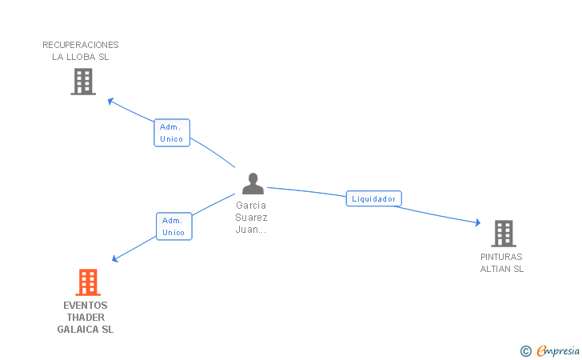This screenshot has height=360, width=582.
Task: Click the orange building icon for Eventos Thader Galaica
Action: (88, 282)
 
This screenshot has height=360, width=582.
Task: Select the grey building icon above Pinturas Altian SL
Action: (503, 233)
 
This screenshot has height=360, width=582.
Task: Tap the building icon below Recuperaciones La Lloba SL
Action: (83, 81)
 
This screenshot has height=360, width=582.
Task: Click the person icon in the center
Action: (253, 184)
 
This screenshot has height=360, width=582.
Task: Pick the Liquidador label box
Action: (373, 198)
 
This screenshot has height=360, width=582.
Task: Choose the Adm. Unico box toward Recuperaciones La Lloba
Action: (171, 133)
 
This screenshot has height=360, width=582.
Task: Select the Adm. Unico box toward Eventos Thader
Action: (173, 226)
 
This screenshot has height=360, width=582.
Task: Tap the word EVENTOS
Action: (85, 305)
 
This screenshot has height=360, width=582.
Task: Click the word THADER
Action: (86, 317)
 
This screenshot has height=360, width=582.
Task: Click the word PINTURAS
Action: (501, 257)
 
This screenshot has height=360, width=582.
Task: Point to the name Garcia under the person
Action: (252, 205)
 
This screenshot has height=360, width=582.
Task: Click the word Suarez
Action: (252, 217)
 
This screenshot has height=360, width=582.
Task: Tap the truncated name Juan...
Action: (250, 229)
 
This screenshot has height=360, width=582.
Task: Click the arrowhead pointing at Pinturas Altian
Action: (477, 222)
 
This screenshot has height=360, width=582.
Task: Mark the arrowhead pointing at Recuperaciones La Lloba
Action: (111, 101)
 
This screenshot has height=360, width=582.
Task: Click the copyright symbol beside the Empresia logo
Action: (525, 350)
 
